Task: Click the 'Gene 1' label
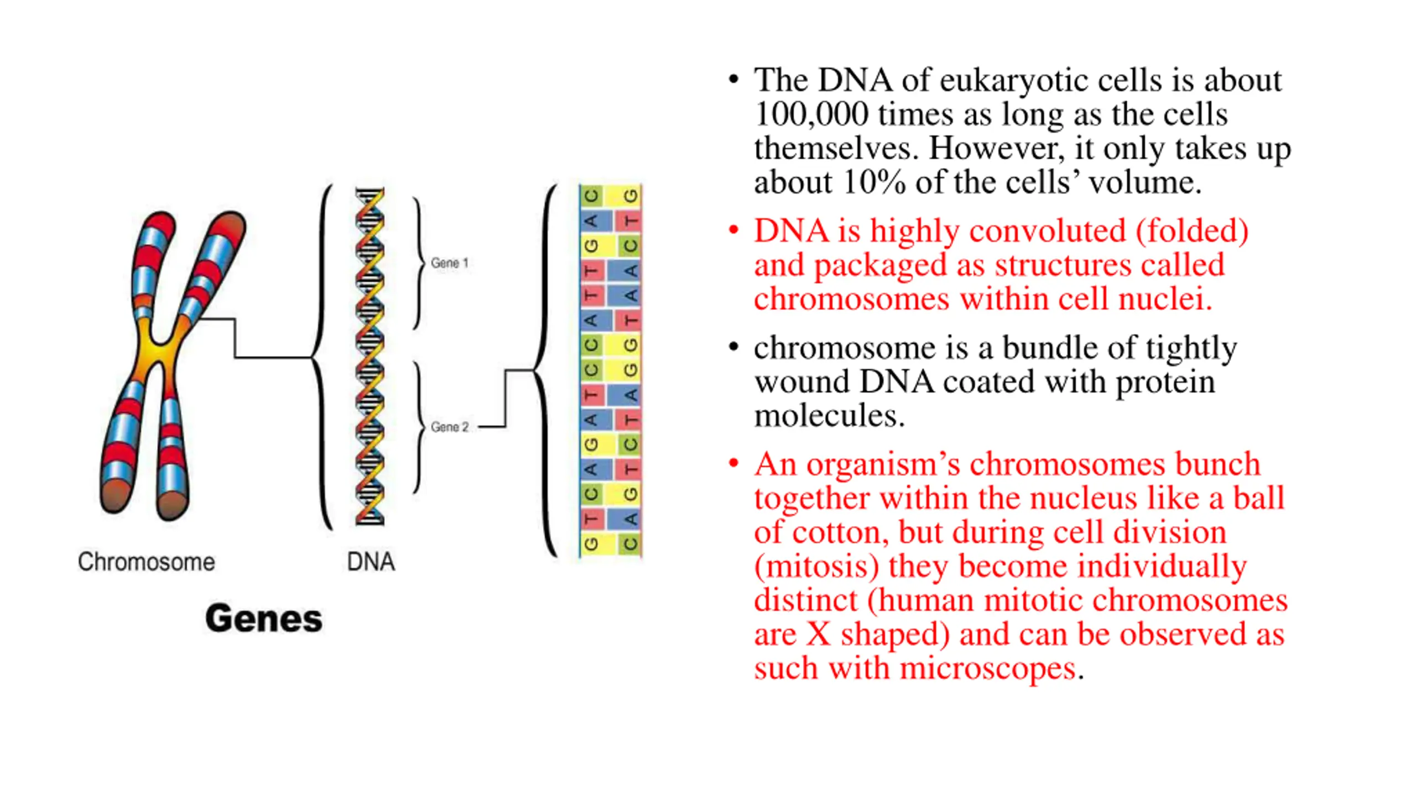click(x=449, y=263)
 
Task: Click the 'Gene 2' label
click(x=449, y=427)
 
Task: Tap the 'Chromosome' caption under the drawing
click(x=146, y=562)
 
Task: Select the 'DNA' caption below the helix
click(x=371, y=562)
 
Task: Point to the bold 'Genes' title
click(x=263, y=619)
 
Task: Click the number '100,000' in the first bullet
click(x=811, y=114)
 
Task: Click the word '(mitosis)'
click(x=816, y=567)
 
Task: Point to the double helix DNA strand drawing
click(x=369, y=357)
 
